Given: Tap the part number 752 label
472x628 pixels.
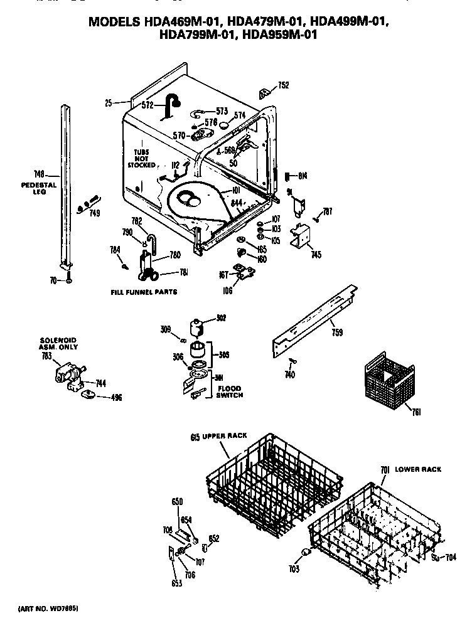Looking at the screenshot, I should tap(283, 85).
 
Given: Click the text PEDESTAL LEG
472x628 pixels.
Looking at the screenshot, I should tap(43, 188).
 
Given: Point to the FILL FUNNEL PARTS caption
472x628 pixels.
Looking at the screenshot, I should tap(144, 292).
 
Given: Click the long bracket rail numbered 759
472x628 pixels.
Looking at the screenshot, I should tap(314, 317).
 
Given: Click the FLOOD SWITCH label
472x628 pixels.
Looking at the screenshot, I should tap(228, 392).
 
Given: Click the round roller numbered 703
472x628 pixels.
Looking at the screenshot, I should tap(306, 551).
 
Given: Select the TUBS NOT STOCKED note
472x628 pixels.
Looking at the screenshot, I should tap(141, 159).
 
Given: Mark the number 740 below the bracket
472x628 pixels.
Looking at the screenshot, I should tap(289, 375).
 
